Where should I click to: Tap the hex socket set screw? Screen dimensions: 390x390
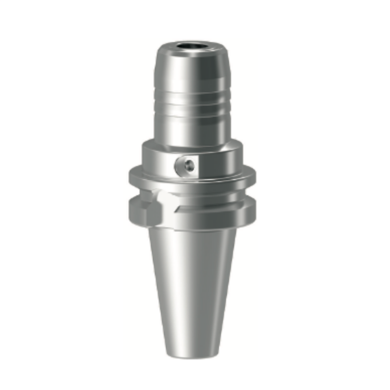coord(188,165)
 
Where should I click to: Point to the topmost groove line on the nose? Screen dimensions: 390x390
coord(192,94)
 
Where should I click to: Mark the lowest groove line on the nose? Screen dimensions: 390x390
coord(192,114)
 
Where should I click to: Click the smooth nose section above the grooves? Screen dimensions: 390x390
coord(192,73)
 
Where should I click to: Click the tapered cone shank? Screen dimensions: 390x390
coord(192,284)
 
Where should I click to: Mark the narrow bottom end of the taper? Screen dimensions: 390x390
coord(192,354)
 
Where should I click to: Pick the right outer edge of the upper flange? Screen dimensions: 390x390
coord(253,175)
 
